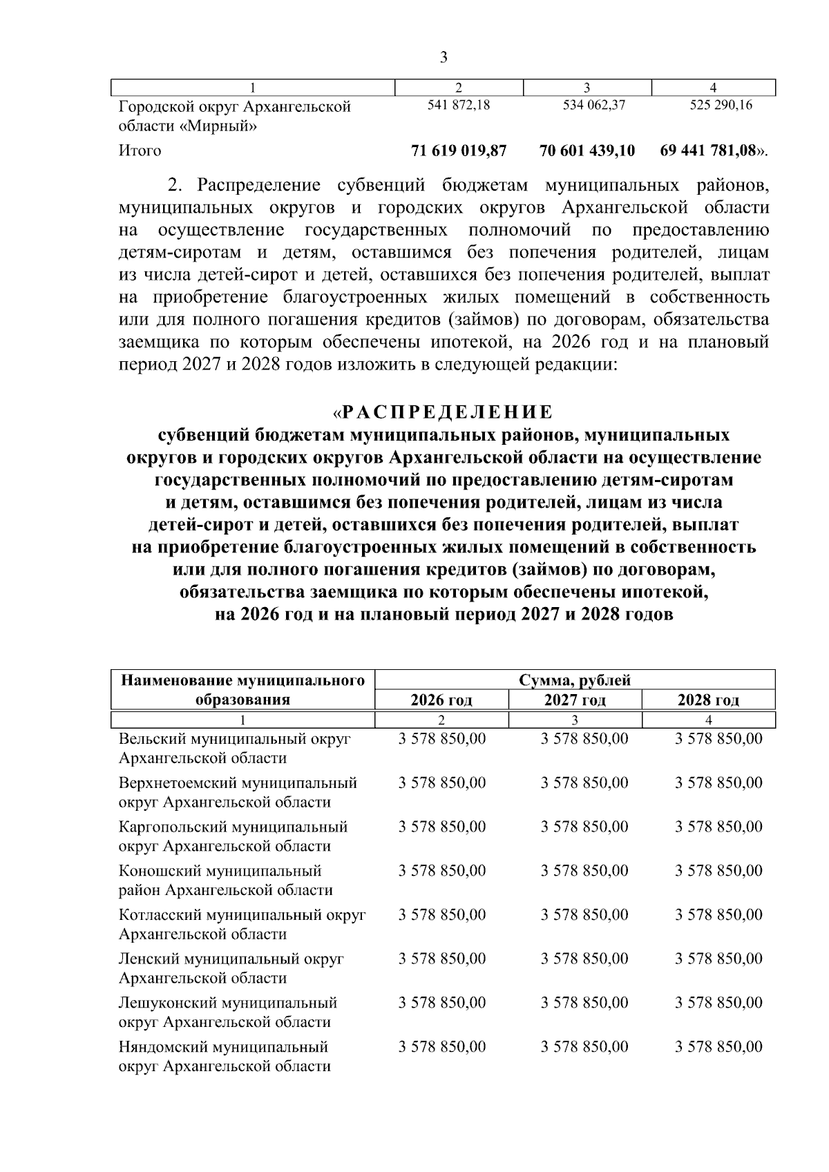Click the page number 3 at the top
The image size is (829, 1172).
[x=444, y=57]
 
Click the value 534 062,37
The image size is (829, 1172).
[x=588, y=106]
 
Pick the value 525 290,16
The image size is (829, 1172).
[x=714, y=106]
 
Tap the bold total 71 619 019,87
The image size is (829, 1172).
[x=459, y=151]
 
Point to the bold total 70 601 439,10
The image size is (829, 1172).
[x=587, y=151]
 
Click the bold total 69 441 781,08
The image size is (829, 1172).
[x=708, y=151]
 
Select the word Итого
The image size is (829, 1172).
[x=140, y=151]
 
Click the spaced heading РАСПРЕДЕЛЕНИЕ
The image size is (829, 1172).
[x=448, y=413]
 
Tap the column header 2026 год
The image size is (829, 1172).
[x=441, y=700]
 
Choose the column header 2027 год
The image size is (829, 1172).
[x=575, y=700]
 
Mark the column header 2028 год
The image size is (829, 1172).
[x=708, y=700]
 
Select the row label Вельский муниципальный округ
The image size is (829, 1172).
[x=235, y=739]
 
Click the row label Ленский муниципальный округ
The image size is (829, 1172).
[x=231, y=959]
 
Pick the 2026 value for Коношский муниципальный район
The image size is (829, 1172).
[x=442, y=871]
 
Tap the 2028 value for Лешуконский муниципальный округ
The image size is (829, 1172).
[x=718, y=1003]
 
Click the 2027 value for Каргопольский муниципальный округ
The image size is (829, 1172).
[x=584, y=827]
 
